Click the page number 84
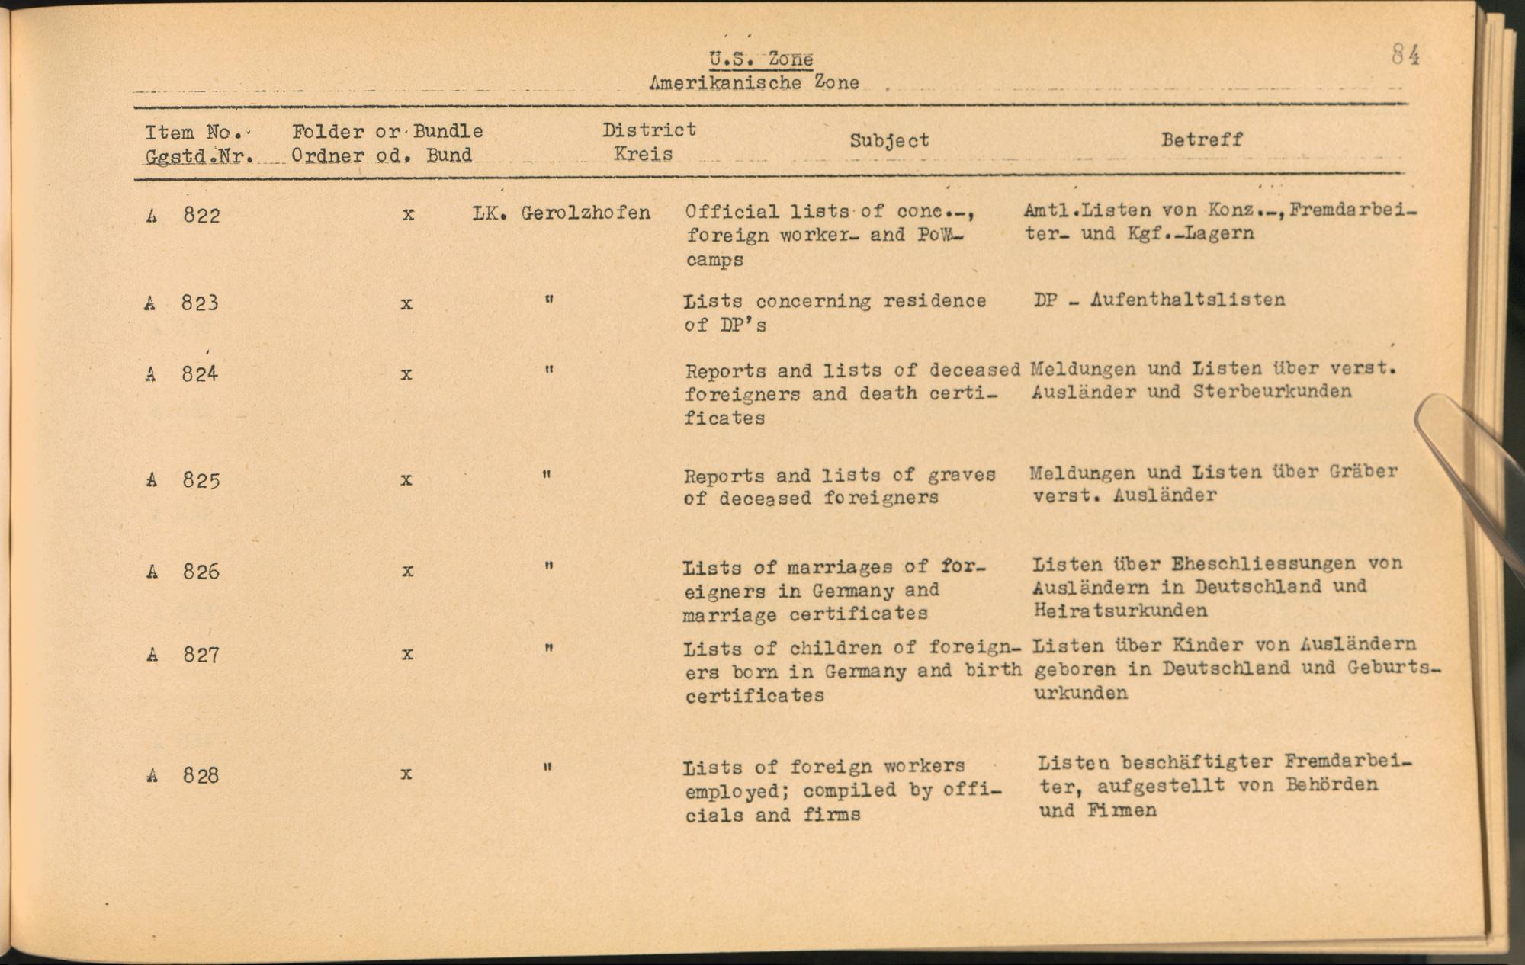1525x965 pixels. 1405,55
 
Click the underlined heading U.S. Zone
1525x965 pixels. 760,59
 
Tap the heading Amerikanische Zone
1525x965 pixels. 753,82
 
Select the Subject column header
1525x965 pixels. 889,140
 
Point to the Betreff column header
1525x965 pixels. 1202,139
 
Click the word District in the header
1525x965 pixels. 649,130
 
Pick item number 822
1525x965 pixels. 201,216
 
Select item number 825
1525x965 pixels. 201,480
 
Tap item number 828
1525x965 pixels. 201,776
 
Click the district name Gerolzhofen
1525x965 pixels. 586,213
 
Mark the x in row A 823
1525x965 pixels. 406,303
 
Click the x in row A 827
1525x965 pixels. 407,654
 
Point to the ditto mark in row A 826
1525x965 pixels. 547,566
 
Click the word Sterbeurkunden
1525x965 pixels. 1272,392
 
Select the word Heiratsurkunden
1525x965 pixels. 1120,611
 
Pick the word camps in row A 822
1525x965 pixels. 714,260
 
